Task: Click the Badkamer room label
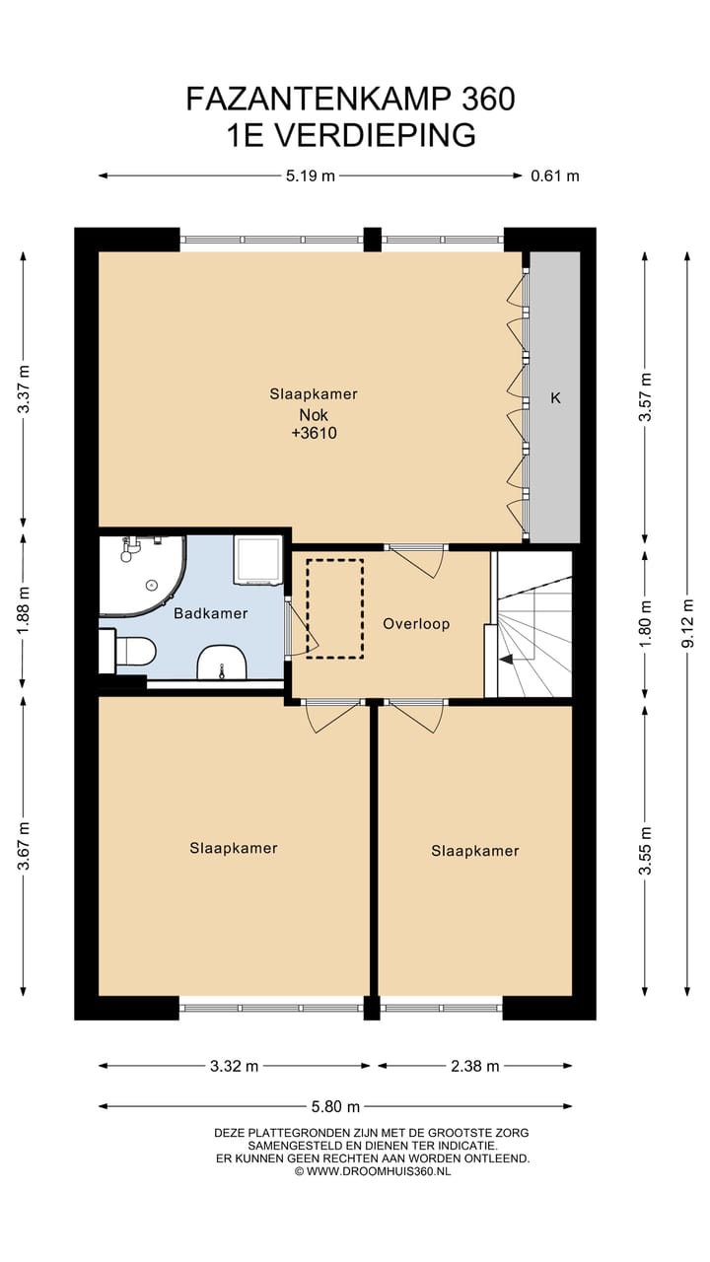point(211,613)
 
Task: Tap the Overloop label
point(416,624)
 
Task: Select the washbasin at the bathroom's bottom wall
point(222,664)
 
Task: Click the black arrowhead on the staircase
point(506,660)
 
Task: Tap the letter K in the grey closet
point(555,398)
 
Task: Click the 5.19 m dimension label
point(311,176)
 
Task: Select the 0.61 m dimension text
point(555,176)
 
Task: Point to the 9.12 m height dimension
point(688,623)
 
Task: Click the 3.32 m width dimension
point(234,1066)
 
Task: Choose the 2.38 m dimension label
point(475,1066)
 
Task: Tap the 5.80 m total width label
point(336,1106)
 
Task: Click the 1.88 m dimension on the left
point(23,610)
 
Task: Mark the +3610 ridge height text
point(314,433)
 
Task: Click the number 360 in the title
point(488,99)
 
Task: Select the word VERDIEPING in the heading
point(377,135)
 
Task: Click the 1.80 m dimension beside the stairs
point(645,624)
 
